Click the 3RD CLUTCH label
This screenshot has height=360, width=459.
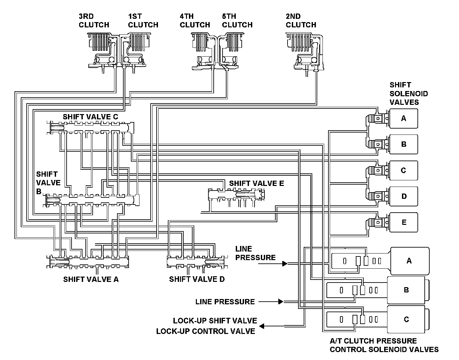click(x=94, y=20)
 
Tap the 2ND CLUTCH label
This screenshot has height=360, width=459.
click(x=301, y=20)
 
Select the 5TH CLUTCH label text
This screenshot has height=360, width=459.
click(x=237, y=20)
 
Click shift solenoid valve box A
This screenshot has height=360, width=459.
click(x=404, y=118)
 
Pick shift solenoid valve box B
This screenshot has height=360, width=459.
click(x=404, y=144)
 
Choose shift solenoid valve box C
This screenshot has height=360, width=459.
click(x=404, y=170)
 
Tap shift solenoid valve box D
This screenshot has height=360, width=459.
click(x=404, y=196)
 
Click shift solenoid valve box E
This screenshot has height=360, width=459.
click(x=404, y=222)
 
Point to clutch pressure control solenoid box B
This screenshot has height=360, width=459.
click(x=406, y=290)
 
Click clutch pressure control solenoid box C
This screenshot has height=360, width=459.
click(x=406, y=319)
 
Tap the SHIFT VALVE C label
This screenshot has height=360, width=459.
click(x=90, y=117)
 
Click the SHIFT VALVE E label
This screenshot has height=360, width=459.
click(x=257, y=183)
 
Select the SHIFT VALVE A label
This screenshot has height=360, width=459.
click(x=91, y=279)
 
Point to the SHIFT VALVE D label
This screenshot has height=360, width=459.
click(x=197, y=279)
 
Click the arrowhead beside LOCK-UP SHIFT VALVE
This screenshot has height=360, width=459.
click(x=261, y=326)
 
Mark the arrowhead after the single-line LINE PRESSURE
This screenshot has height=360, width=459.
click(x=281, y=302)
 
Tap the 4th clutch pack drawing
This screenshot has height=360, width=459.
click(x=203, y=51)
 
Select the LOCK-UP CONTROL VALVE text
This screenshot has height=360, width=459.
click(x=205, y=331)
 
